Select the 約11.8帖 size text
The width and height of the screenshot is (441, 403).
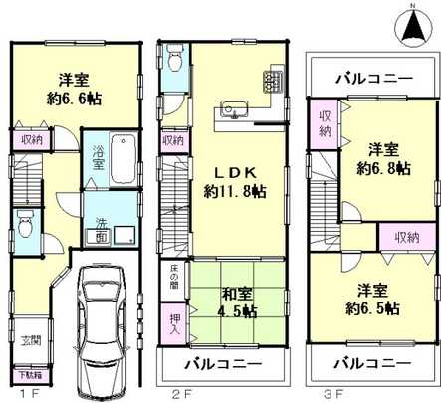(x=235, y=190)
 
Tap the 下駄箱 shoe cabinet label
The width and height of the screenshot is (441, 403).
(x=31, y=376)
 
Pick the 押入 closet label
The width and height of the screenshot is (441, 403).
(x=171, y=324)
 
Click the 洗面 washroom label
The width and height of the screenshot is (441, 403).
(x=103, y=232)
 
